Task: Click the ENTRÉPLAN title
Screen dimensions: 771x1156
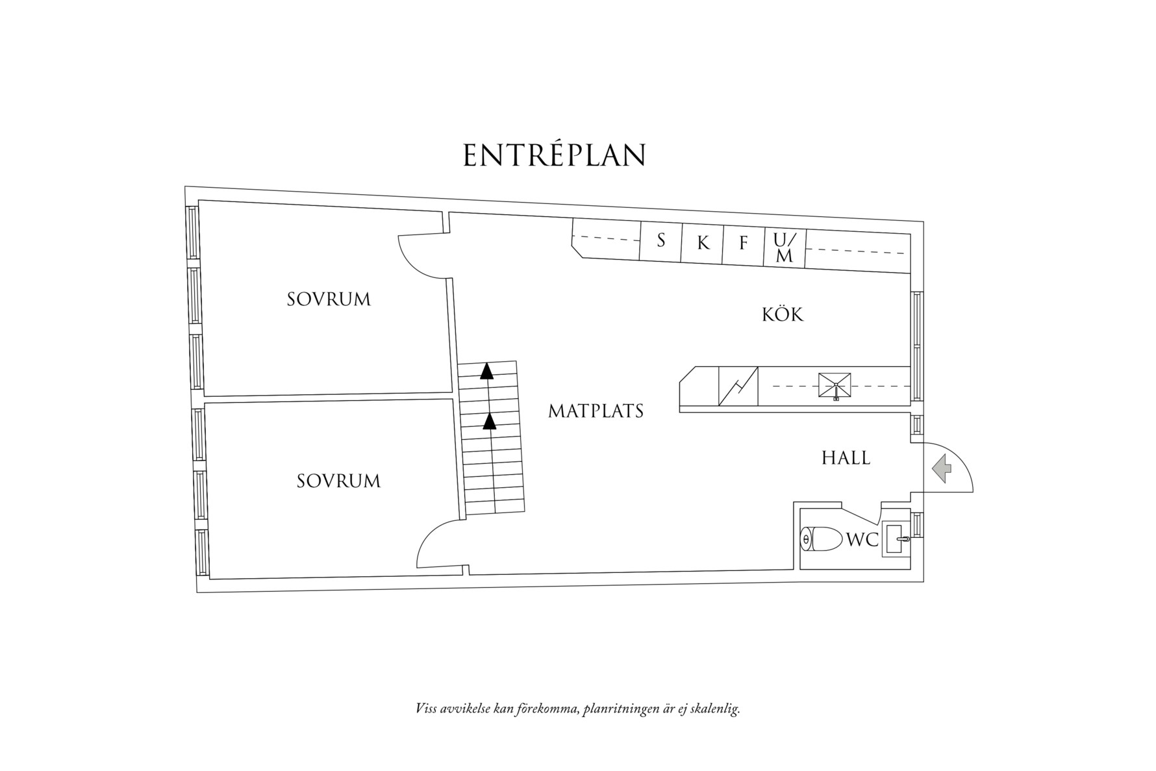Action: click(554, 156)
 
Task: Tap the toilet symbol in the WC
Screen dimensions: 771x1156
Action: click(820, 539)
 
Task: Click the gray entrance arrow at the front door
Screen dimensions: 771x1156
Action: click(941, 468)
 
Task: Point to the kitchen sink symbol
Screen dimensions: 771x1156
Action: click(835, 386)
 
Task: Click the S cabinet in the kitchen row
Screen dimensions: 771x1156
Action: click(661, 241)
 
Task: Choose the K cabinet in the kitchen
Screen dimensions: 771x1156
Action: click(703, 244)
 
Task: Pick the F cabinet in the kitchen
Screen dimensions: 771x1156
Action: click(744, 244)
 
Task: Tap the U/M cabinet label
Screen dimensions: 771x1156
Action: click(785, 247)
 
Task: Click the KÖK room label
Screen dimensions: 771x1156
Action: click(783, 315)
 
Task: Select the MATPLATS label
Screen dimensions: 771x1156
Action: click(596, 411)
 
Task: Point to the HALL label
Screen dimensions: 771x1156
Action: click(846, 458)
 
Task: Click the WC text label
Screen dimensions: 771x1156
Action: click(862, 540)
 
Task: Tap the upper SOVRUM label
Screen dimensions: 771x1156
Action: click(329, 299)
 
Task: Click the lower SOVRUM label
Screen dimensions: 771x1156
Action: click(338, 481)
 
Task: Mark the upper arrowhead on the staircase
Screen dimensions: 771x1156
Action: click(486, 372)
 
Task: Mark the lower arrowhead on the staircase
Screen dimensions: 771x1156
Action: click(490, 422)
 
